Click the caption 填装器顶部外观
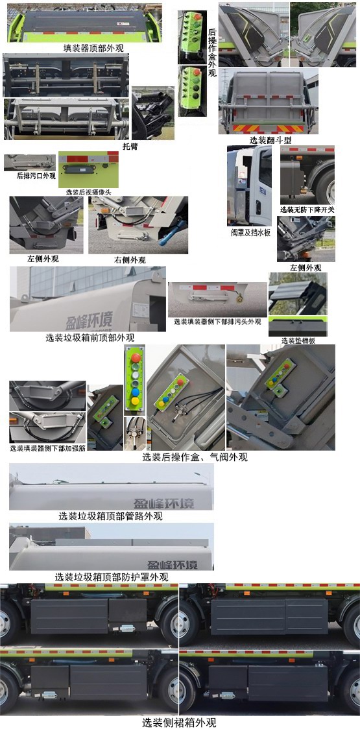[x=93, y=48]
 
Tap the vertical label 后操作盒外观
[x=212, y=53]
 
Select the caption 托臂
[x=130, y=146]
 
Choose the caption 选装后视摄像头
[x=88, y=192]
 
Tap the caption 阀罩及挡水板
[x=250, y=232]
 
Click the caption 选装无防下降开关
[x=307, y=209]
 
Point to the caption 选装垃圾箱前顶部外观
[x=90, y=337]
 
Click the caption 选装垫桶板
[x=297, y=341]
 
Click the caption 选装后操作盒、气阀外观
[x=195, y=457]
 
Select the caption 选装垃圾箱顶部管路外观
[x=110, y=516]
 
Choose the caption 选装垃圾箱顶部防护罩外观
[x=112, y=577]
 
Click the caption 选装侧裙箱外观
[x=179, y=722]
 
